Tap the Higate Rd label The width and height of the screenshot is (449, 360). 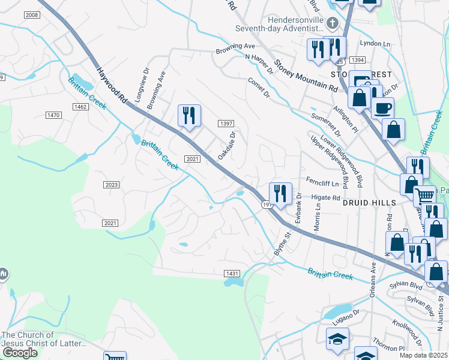(x=326, y=197)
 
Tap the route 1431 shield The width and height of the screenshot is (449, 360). (x=232, y=274)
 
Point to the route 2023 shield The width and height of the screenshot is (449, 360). (x=111, y=184)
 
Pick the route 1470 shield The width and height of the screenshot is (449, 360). (x=54, y=115)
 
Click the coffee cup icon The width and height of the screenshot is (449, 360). (x=382, y=108)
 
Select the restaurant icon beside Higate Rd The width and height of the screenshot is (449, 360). (x=280, y=193)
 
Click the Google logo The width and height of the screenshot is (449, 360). (x=20, y=352)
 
